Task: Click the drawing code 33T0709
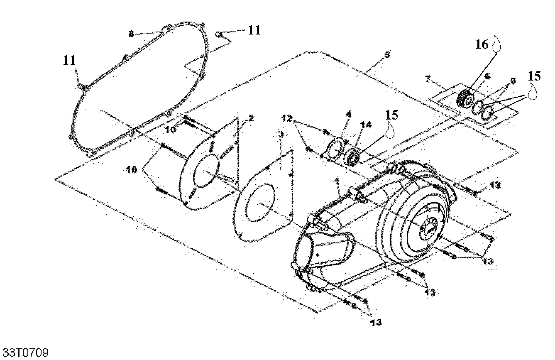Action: (x=26, y=352)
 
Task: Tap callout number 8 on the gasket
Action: (x=131, y=34)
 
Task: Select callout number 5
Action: (x=387, y=55)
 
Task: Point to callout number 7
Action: (x=428, y=79)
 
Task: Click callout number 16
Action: (x=482, y=44)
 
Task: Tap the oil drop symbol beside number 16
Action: (x=498, y=44)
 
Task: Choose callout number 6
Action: (x=487, y=76)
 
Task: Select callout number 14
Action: (x=366, y=125)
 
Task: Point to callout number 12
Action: (x=287, y=118)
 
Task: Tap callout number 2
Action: (x=251, y=118)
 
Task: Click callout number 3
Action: (x=281, y=134)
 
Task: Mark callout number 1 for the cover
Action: (x=337, y=182)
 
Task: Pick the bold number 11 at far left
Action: (x=69, y=60)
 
